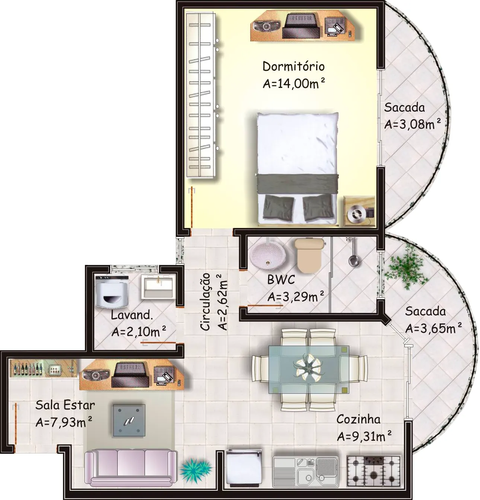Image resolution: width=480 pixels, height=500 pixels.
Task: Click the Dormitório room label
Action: coord(293,67)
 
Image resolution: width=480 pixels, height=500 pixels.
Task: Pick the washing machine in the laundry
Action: coord(112,291)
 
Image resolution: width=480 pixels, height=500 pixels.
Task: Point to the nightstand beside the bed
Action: coord(359,211)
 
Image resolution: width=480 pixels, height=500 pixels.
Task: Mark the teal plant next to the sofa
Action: coord(196,469)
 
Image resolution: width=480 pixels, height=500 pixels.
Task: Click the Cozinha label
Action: coord(358,419)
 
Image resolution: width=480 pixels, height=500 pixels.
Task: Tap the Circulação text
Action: coord(205,302)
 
